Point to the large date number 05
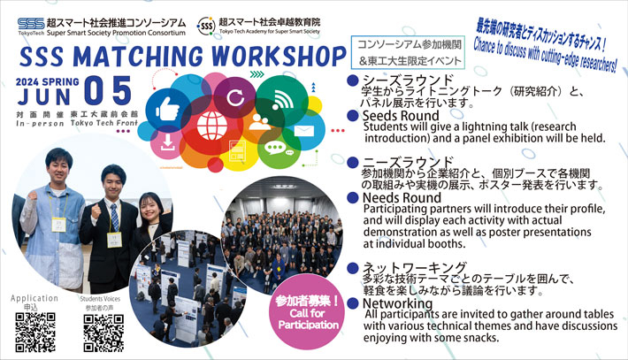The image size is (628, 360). (x=107, y=92)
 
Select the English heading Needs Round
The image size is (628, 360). (x=402, y=197)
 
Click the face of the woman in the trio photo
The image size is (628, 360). (x=149, y=208)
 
